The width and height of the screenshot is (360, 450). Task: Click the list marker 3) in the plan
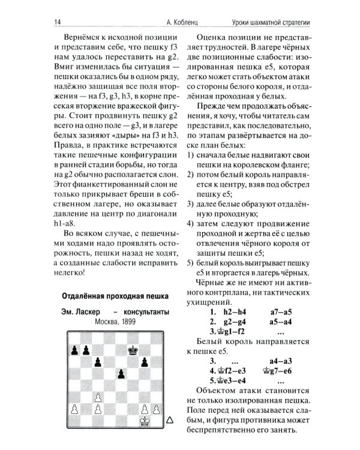(190, 205)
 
